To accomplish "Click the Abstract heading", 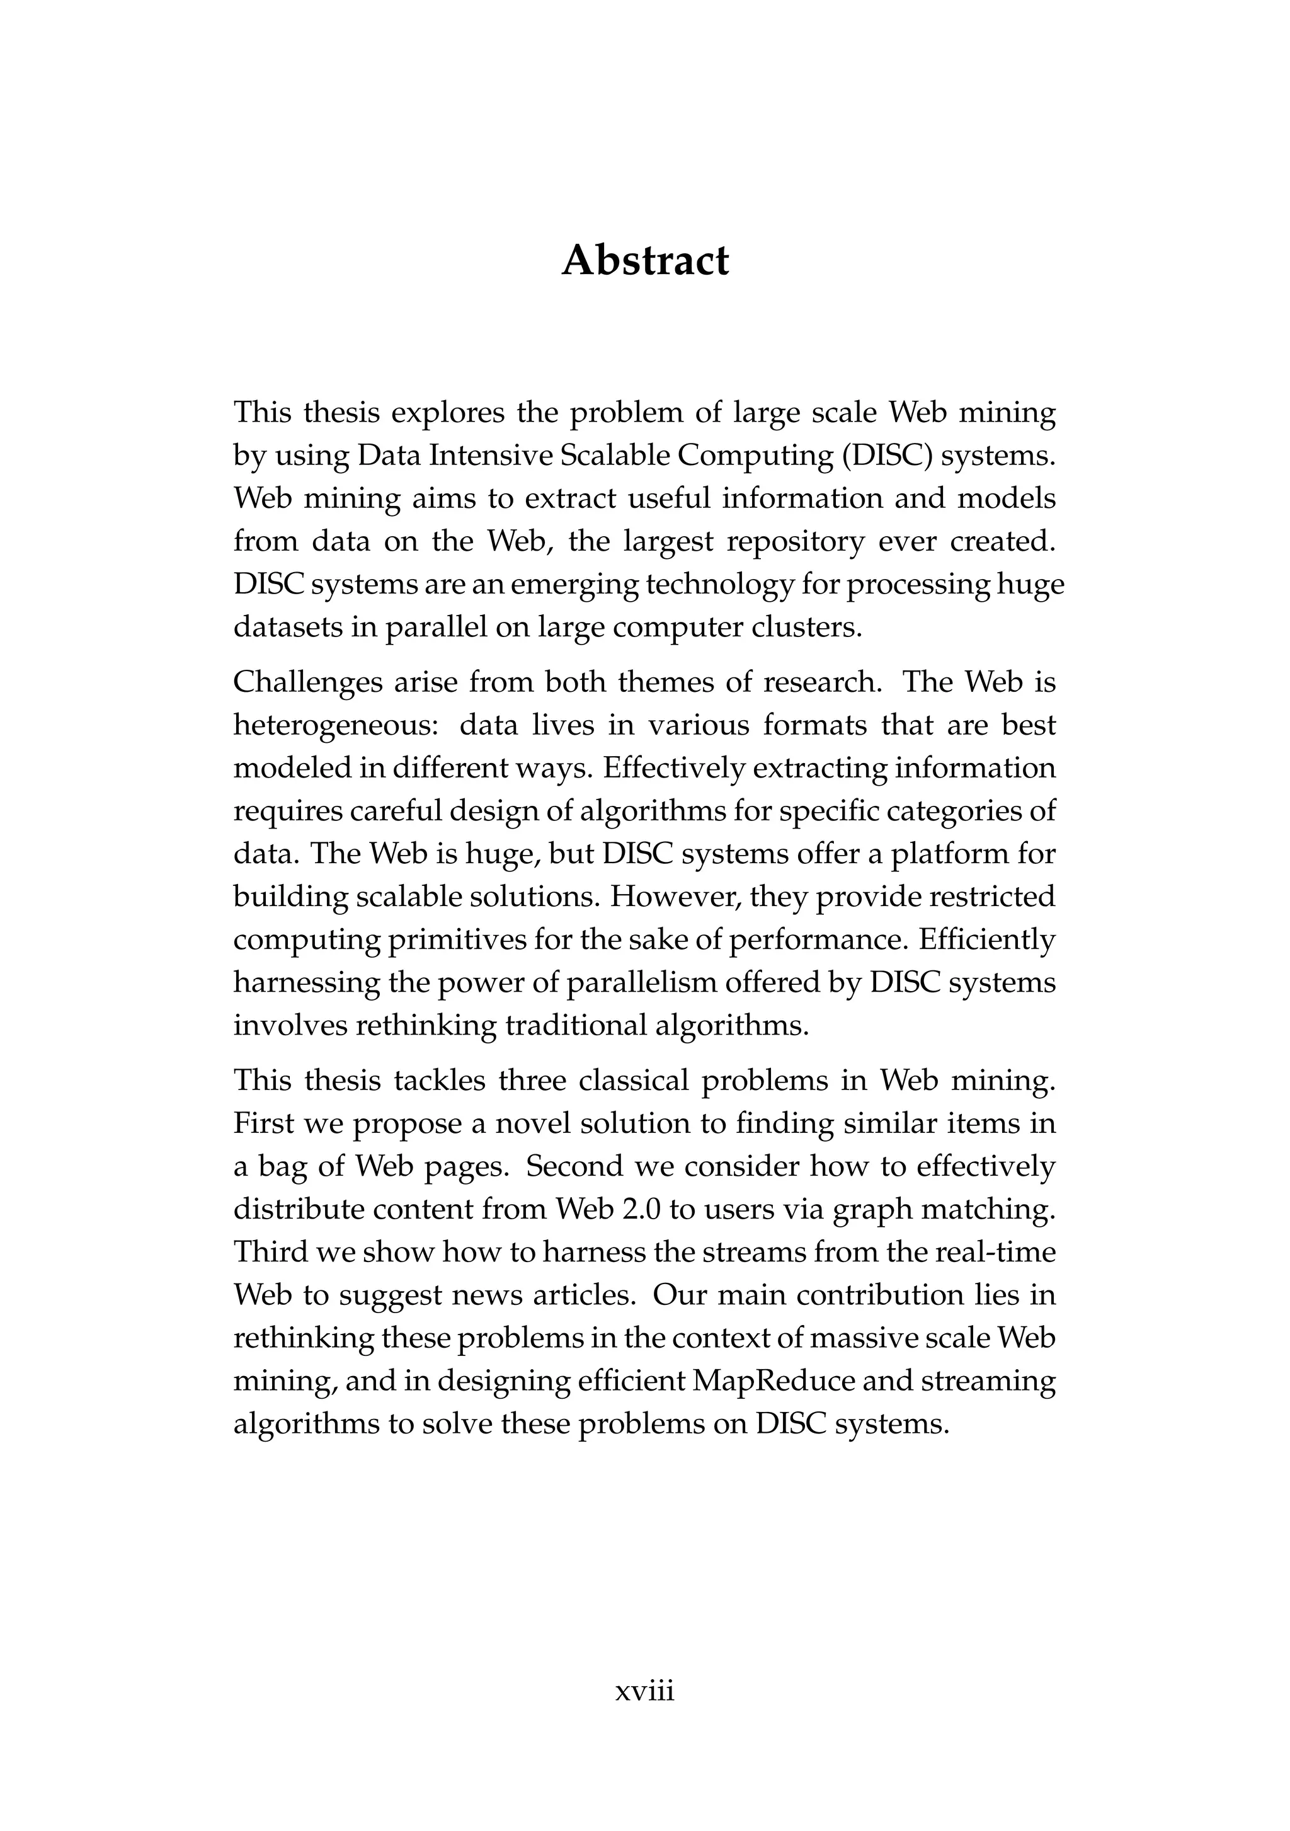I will coord(644,261).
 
